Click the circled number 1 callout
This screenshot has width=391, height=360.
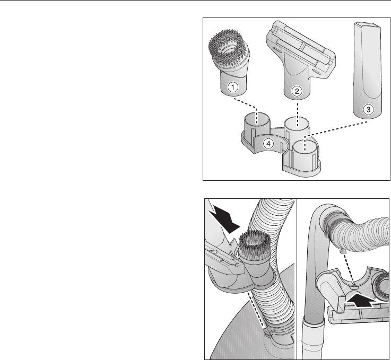pos(233,87)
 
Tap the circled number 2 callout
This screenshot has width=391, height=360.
pos(297,91)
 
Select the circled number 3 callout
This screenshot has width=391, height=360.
pos(368,109)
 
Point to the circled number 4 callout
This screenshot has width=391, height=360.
pos(268,144)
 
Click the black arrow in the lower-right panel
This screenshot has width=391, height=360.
pos(360,301)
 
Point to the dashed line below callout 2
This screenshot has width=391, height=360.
pos(297,115)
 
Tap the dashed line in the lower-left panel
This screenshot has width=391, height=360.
pos(256,310)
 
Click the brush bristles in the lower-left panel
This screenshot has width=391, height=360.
pos(255,241)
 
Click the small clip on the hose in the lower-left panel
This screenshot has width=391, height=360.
pos(267,332)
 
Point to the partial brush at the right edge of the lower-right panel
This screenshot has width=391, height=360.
pos(381,285)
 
